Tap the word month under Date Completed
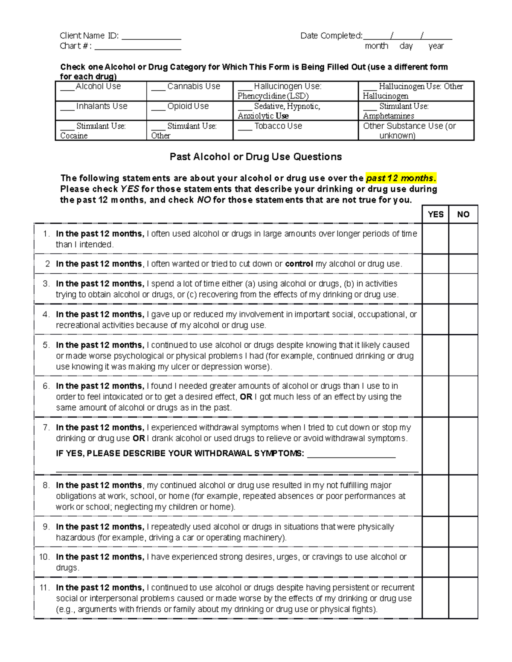[376, 46]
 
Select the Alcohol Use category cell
[101, 91]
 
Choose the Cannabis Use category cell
[189, 91]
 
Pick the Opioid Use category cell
[189, 110]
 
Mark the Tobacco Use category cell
[295, 130]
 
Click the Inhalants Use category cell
[101, 110]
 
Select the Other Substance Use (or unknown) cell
[416, 130]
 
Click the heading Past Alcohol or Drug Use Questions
[256, 157]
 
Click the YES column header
[435, 214]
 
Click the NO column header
[463, 214]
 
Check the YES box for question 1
[435, 239]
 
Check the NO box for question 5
[463, 355]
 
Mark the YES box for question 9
[435, 532]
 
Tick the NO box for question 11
[463, 598]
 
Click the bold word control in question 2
[299, 264]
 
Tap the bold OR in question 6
[246, 397]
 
